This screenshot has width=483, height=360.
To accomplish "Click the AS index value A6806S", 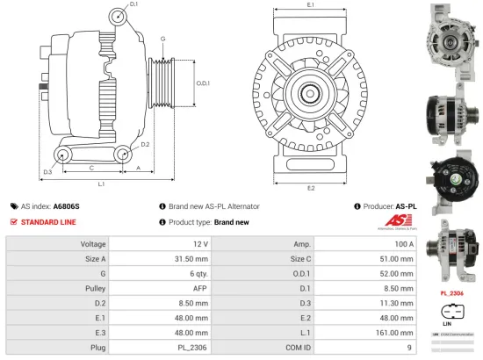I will tap(67, 205).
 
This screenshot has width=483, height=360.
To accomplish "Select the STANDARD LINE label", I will tap(48, 222).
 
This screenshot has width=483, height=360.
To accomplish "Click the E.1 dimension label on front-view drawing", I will tap(311, 6).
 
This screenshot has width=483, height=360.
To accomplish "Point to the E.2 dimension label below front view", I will tap(311, 188).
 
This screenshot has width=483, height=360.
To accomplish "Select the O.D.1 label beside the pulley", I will tap(202, 83).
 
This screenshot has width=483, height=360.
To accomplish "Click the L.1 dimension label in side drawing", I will tap(102, 184).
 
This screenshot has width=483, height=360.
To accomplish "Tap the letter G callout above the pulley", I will tap(162, 40).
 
